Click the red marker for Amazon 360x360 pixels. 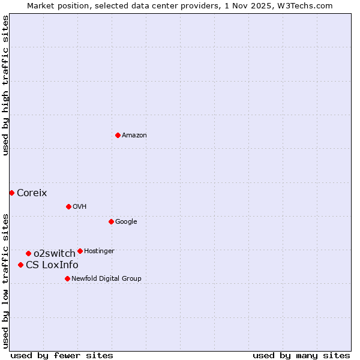click(x=118, y=135)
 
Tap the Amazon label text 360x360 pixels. click(x=134, y=136)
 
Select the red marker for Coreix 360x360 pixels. click(x=11, y=193)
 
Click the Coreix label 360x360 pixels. click(x=32, y=193)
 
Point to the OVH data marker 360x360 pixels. click(x=68, y=206)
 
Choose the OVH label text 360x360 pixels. click(x=80, y=207)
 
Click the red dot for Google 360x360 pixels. click(x=111, y=221)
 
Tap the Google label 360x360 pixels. click(x=126, y=222)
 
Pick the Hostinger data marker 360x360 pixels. click(x=80, y=251)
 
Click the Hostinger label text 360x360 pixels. click(x=99, y=251)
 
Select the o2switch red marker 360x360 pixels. click(x=28, y=253)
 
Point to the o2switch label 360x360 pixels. click(x=55, y=254)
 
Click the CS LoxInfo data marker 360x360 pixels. click(x=20, y=265)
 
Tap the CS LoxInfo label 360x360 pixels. click(x=52, y=265)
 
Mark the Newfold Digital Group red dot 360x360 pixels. click(x=67, y=278)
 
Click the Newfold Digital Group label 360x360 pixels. click(x=106, y=279)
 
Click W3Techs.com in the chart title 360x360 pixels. click(x=310, y=5)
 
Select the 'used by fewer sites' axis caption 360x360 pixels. click(x=62, y=356)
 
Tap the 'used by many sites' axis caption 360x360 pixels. click(x=301, y=356)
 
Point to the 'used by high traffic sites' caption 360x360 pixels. click(x=5, y=85)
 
